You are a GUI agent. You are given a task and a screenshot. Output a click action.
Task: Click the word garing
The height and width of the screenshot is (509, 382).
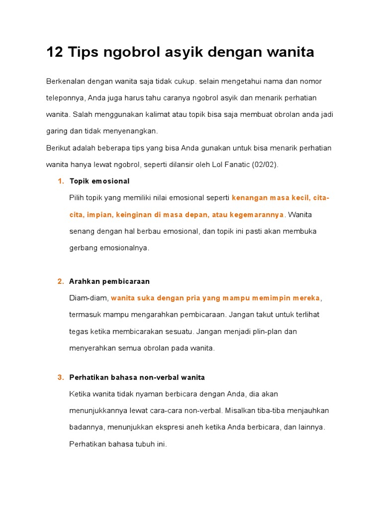coord(57,131)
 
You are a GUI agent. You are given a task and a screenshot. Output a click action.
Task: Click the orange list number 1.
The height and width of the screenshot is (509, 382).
coord(61,181)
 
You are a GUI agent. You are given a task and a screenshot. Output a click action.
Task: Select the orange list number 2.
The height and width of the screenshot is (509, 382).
coord(61,281)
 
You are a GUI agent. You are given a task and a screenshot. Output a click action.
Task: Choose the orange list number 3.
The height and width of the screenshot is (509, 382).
coord(61,377)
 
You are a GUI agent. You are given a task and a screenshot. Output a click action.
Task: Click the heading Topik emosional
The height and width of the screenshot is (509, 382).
coord(99,181)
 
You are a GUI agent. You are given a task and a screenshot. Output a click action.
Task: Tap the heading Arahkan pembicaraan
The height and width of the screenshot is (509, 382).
coord(109,281)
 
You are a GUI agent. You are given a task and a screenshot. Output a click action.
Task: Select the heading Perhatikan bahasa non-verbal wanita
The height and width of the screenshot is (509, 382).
coord(137,377)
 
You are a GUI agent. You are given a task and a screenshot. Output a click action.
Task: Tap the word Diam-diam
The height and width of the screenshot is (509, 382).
coord(89,298)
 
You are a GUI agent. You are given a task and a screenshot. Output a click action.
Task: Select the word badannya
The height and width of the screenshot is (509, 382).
coord(86,427)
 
